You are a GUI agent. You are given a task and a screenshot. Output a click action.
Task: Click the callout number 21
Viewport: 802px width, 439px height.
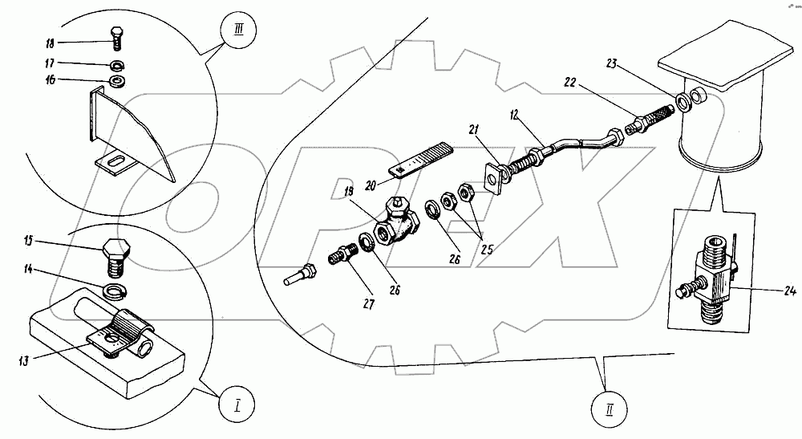pyautogui.click(x=474, y=131)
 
